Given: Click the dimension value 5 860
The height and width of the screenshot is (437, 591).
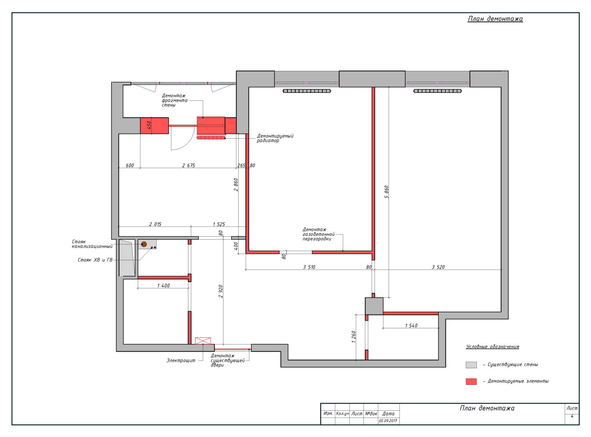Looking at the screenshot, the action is [387, 192].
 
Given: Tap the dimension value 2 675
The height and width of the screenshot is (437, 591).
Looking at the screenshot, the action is [188, 165].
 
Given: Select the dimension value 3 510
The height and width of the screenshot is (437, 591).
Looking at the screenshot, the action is [309, 267].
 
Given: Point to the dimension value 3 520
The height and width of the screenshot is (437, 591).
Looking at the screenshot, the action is [438, 267].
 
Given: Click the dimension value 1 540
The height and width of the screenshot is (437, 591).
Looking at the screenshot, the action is [411, 325].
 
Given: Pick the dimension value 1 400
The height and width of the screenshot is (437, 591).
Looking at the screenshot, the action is [163, 286].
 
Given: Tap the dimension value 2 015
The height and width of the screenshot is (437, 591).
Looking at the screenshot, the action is [155, 224].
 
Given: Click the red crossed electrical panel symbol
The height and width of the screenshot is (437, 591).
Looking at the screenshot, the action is [203, 341].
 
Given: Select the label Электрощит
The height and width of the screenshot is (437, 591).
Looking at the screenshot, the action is [181, 360].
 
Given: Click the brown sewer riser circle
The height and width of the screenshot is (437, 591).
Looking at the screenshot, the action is [144, 244].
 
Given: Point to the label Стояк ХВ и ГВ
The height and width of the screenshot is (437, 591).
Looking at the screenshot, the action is [95, 260].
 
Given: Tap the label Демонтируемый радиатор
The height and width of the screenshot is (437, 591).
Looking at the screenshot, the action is [275, 138].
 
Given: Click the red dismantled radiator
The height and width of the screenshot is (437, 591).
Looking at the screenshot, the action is [211, 138].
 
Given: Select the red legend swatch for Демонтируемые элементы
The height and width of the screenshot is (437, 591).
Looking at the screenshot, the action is [471, 382].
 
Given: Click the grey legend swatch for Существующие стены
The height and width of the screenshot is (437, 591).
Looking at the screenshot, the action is [471, 365].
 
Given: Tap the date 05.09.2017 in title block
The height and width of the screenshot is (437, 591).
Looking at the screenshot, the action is [388, 421].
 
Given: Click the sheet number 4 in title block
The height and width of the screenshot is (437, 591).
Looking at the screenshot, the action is [572, 416].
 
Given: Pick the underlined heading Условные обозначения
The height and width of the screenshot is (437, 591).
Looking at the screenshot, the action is [492, 347].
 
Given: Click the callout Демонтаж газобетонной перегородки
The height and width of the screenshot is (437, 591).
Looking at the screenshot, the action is [318, 234].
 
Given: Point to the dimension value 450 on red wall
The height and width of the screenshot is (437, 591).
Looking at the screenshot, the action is [149, 125].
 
